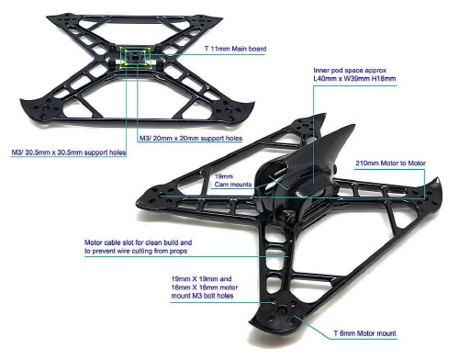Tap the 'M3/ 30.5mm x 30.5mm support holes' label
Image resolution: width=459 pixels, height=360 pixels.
68,151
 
